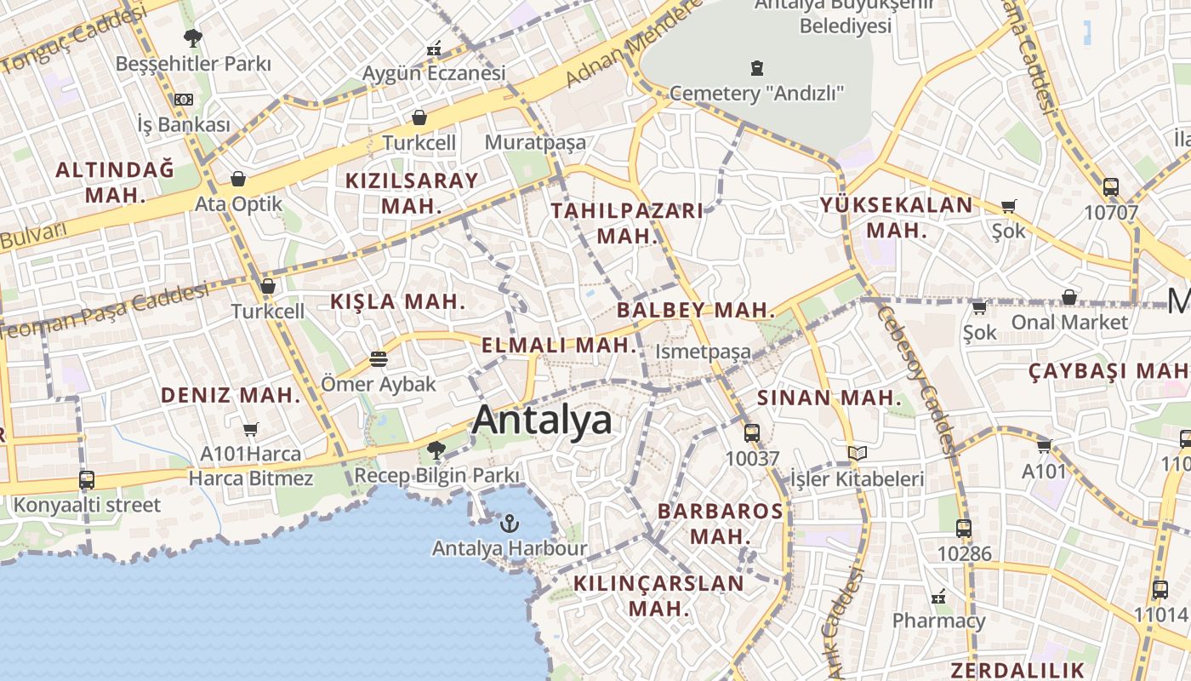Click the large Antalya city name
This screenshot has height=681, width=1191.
pyautogui.click(x=542, y=420)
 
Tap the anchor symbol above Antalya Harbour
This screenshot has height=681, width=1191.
pyautogui.click(x=510, y=523)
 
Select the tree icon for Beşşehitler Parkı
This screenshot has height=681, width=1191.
pyautogui.click(x=193, y=37)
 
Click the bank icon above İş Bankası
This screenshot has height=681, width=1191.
pyautogui.click(x=184, y=100)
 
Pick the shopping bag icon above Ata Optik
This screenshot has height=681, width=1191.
pyautogui.click(x=238, y=179)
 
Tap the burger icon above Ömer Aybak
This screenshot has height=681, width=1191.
pyautogui.click(x=379, y=359)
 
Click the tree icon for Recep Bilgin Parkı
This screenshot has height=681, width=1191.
pyautogui.click(x=436, y=449)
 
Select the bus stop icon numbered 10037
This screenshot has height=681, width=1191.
pyautogui.click(x=752, y=432)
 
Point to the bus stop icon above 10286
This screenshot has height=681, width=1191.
pyautogui.click(x=964, y=528)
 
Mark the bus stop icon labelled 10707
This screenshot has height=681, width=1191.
pyautogui.click(x=1111, y=187)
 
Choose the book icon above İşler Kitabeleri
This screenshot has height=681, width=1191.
pyautogui.click(x=858, y=454)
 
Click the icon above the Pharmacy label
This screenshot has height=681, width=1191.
pyautogui.click(x=938, y=596)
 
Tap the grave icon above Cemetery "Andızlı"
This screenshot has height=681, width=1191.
pyautogui.click(x=756, y=67)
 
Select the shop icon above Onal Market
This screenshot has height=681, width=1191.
pyautogui.click(x=1069, y=297)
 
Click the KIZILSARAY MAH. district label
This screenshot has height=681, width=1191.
pyautogui.click(x=412, y=192)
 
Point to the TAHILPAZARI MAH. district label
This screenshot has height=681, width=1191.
pyautogui.click(x=628, y=223)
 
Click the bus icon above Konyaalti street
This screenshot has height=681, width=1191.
pyautogui.click(x=87, y=479)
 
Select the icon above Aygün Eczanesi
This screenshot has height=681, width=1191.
pyautogui.click(x=434, y=49)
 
